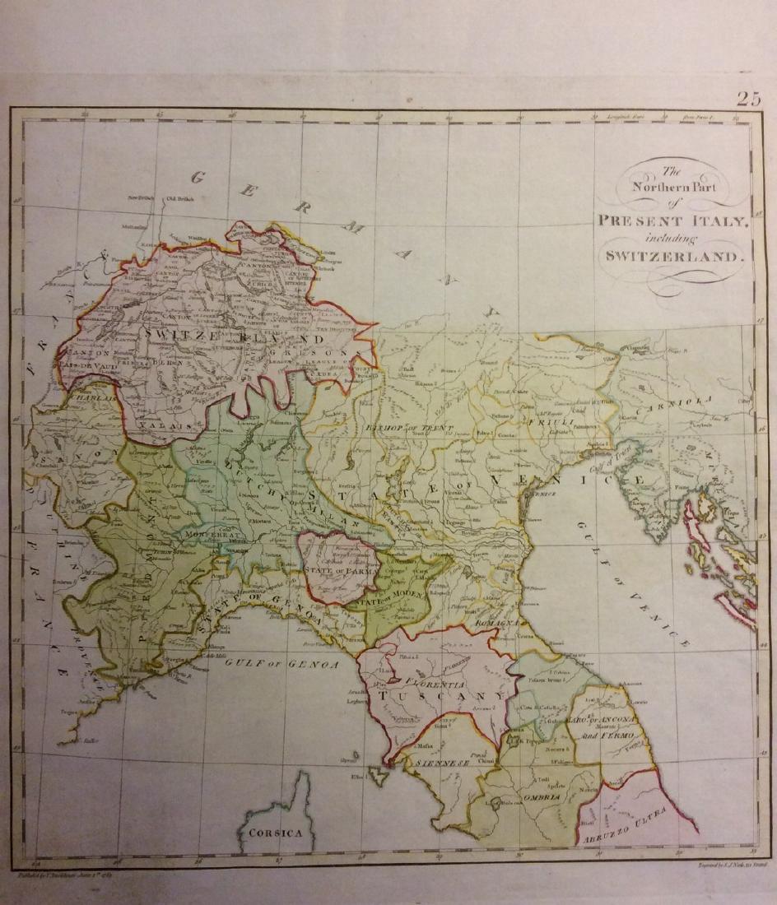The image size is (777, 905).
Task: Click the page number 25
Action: coord(748,100)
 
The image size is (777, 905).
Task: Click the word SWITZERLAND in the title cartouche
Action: coord(674,255)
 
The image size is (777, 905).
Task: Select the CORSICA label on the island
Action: coord(277,832)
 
